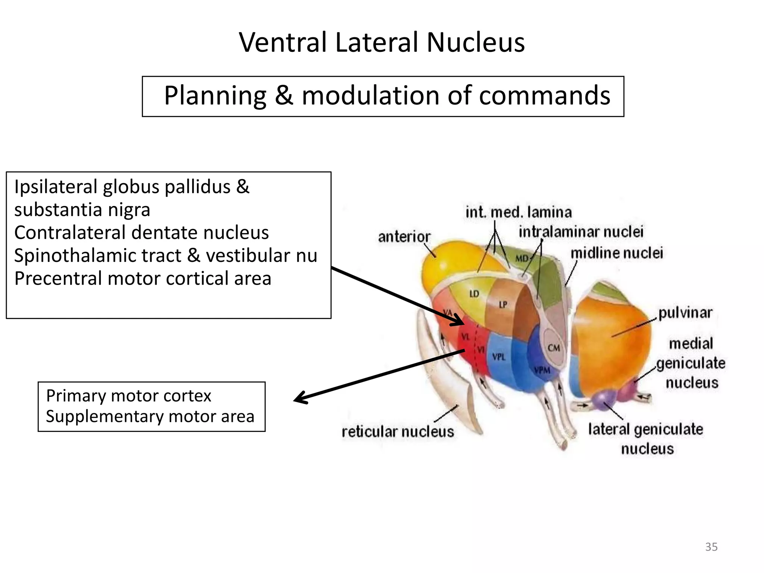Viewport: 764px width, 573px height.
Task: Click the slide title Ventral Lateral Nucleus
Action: tap(382, 42)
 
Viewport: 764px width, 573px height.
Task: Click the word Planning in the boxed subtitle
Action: tap(215, 96)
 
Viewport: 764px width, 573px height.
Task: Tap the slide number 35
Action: tap(711, 547)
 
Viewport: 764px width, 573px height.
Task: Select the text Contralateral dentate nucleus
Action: tap(141, 233)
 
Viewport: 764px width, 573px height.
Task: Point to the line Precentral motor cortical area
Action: tap(143, 279)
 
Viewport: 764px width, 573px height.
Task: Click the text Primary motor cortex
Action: tap(128, 396)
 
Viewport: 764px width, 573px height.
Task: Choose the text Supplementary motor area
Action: tap(150, 417)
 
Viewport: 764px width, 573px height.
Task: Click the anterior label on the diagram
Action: tap(404, 237)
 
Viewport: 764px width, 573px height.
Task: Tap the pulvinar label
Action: tap(685, 313)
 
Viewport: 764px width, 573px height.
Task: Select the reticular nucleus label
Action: tap(398, 432)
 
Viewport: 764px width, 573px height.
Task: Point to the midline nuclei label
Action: tap(617, 253)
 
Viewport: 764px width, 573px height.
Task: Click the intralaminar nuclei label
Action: tap(581, 232)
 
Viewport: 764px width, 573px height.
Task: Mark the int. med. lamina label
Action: tap(519, 213)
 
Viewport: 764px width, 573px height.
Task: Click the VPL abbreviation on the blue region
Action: tap(499, 357)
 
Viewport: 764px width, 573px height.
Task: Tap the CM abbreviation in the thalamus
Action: tap(554, 348)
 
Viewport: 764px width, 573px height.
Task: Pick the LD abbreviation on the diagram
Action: tap(474, 294)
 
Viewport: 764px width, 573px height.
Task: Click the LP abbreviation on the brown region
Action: tap(503, 305)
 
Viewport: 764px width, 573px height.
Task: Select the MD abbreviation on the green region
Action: tap(522, 258)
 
